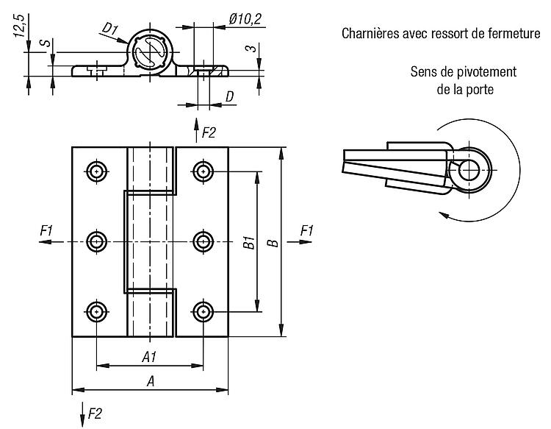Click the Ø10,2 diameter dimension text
point(245,19)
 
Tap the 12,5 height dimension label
point(19,26)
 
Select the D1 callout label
point(109,29)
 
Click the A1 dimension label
point(149,358)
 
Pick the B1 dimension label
point(249,243)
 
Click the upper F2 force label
point(209,133)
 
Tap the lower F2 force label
point(95,413)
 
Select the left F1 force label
point(46,231)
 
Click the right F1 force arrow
point(300,242)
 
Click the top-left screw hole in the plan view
point(97,171)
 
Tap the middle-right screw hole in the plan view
point(203,242)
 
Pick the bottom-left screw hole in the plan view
point(97,312)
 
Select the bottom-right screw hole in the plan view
point(203,312)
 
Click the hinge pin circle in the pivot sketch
point(469,170)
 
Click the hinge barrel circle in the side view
point(150,52)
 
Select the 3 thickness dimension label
point(252,48)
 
